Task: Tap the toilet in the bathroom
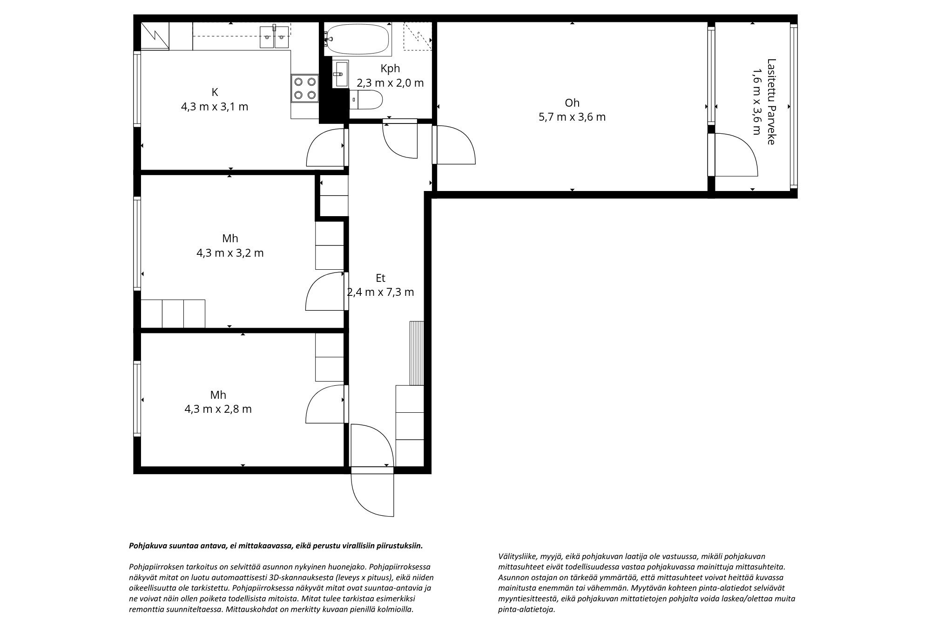pos(366,100)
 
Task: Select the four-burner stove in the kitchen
pos(305,89)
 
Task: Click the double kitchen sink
pos(275,37)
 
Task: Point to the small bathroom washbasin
pos(340,73)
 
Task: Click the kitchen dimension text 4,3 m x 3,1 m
pos(215,107)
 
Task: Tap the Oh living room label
pos(572,102)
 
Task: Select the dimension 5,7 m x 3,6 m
pos(572,117)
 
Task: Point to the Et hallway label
pos(380,278)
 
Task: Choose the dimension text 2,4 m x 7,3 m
pos(380,293)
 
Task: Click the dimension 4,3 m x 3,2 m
pos(230,253)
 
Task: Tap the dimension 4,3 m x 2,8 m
pos(218,409)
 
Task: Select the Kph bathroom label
pos(390,68)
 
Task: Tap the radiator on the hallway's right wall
pos(417,353)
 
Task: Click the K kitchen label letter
pos(215,92)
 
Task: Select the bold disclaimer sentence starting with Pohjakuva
pos(276,546)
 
